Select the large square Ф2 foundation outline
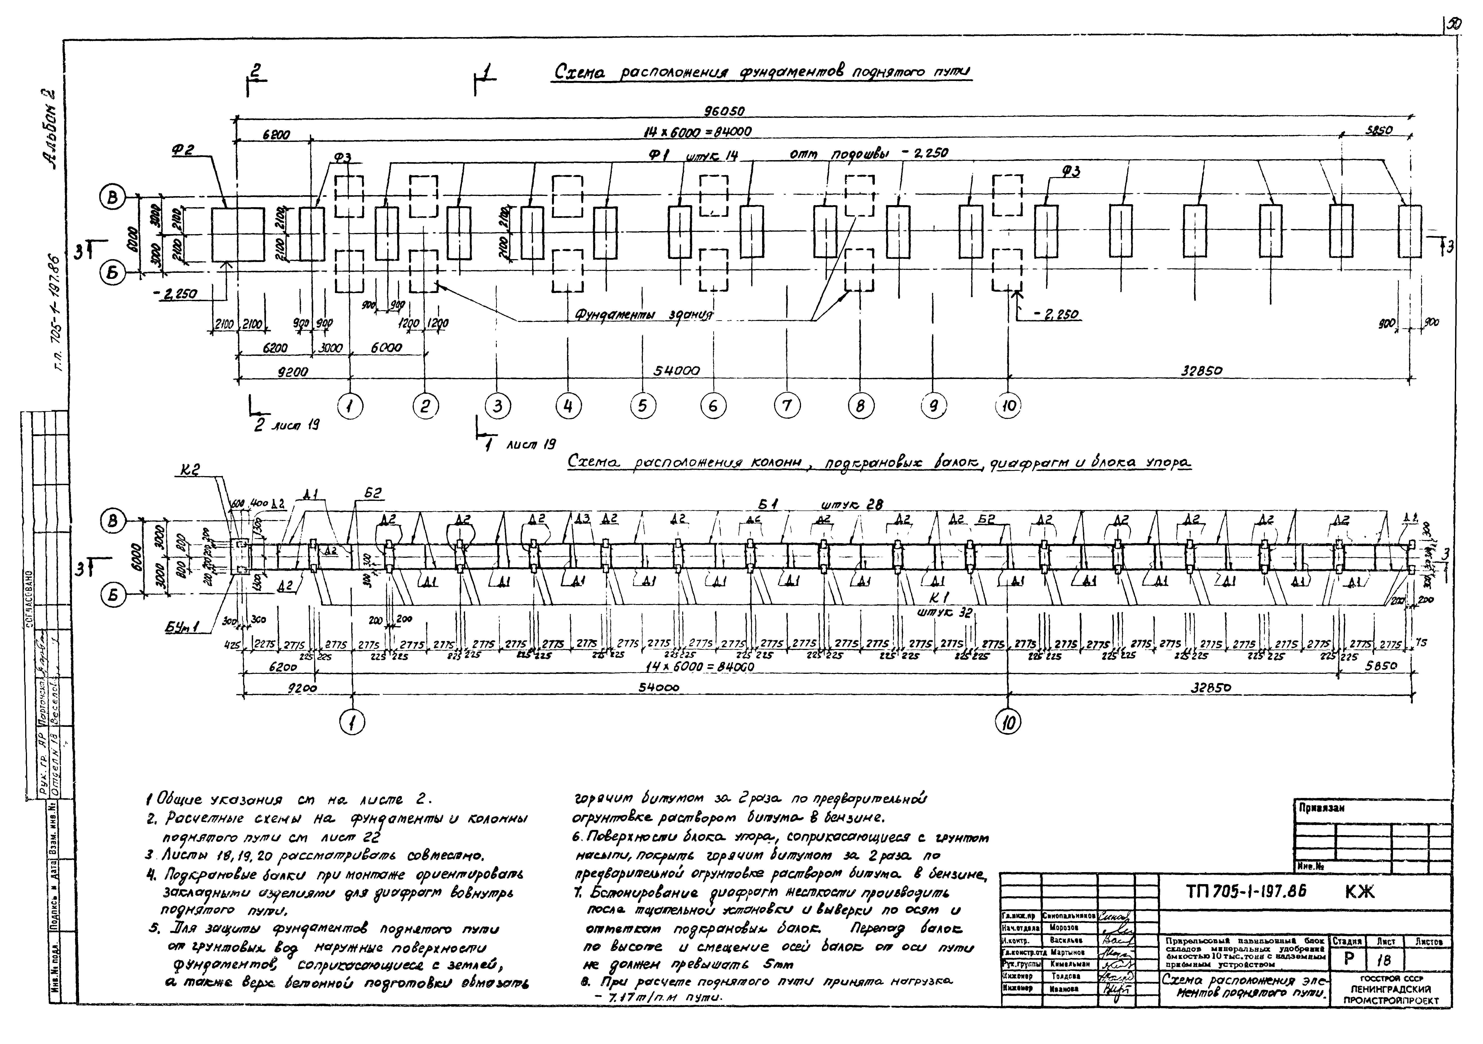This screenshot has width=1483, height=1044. (x=238, y=234)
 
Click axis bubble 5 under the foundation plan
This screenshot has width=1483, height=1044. (x=642, y=406)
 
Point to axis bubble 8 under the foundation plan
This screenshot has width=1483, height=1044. (x=860, y=406)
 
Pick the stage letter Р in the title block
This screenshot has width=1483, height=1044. (x=1349, y=960)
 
